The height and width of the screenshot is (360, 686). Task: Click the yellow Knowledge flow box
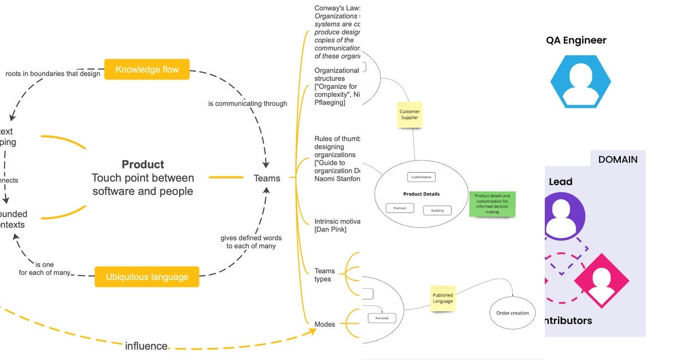pos(147,70)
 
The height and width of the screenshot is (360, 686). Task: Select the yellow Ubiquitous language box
pos(147,277)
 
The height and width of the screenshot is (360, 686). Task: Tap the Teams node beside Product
pos(267,178)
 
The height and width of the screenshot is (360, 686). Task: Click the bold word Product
pos(143,165)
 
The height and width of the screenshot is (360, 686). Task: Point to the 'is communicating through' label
pos(248,103)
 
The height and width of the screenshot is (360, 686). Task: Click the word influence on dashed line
pos(146,346)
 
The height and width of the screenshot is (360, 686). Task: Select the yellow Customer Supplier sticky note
pos(409,115)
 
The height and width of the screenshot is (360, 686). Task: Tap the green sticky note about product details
pos(492,204)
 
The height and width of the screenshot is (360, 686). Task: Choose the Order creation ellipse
pos(513,313)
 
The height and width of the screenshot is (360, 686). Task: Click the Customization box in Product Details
pos(421,177)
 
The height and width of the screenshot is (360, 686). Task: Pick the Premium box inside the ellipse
pos(400,208)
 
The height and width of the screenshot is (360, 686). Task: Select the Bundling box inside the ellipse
pos(437,210)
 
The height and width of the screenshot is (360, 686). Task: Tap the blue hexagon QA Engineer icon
pos(581,82)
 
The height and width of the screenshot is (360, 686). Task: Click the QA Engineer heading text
pos(576,41)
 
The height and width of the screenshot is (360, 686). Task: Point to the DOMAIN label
pos(617,159)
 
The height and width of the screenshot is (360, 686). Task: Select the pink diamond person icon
pos(601,281)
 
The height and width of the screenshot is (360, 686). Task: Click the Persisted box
pos(381,318)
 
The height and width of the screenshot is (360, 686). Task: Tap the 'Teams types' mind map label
pos(324,275)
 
